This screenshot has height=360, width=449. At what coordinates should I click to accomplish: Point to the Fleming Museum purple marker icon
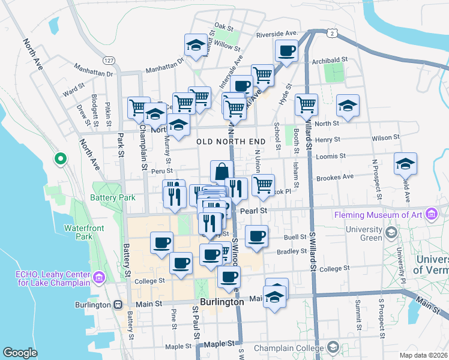pos(430,214)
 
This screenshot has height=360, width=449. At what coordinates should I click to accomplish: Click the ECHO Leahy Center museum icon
pos(99,278)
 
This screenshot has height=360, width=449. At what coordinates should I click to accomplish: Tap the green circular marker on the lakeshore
pos(60,160)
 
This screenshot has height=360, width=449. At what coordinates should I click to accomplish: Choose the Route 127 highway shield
pos(108,61)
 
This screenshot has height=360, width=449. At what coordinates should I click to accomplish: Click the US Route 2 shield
pos(331,34)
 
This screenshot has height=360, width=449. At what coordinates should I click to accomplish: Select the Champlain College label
pos(288,347)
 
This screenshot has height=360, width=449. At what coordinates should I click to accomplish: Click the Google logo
pos(20,353)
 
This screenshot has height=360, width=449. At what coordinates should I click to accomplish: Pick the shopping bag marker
pos(221,171)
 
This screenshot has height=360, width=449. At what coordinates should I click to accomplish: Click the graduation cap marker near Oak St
pos(195,45)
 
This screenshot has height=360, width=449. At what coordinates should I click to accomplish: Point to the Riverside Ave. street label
pos(277,34)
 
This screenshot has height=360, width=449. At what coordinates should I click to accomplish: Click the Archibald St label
pos(330,59)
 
